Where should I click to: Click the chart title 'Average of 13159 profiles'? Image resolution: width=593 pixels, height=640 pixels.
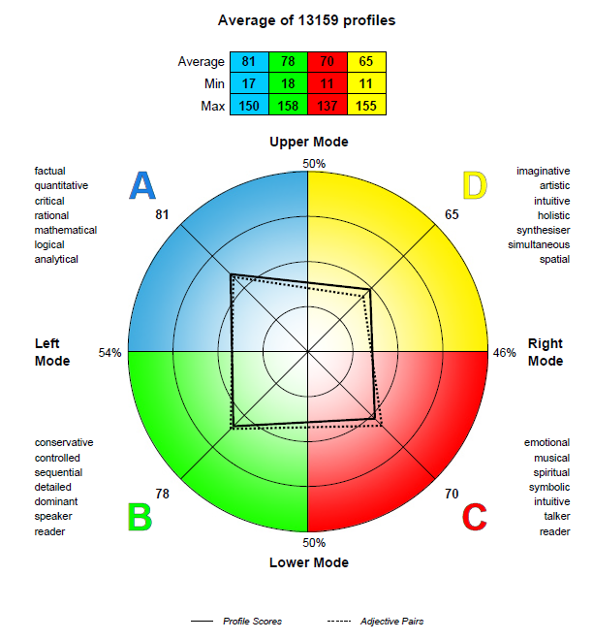pos(306,20)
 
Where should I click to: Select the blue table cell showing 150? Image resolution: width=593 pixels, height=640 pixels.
pos(249,105)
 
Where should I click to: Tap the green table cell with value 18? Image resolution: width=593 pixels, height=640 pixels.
pos(288,83)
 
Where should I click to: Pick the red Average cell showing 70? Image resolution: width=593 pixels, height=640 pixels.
pos(328,62)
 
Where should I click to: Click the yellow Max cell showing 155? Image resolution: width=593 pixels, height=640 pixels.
pos(366,105)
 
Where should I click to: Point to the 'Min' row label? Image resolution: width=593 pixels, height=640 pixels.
pos(214,83)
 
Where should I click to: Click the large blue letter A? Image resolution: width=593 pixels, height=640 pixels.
pos(142,185)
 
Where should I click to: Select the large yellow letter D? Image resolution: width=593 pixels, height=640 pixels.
pos(475,185)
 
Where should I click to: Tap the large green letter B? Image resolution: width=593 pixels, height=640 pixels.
pos(140,516)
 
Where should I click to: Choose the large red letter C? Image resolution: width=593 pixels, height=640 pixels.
pos(475,516)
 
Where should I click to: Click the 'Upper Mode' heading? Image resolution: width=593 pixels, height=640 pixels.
pos(309,142)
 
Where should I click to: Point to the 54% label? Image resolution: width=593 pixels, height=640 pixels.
pos(109,353)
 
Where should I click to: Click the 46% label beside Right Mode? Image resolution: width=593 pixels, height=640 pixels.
pos(505,353)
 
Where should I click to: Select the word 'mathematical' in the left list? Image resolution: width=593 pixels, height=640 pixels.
pos(66,230)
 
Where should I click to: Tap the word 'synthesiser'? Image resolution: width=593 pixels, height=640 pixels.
pos(543,230)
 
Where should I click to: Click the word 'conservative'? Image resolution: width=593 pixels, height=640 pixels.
pos(64,442)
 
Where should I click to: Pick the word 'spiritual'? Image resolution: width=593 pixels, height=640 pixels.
pos(551,472)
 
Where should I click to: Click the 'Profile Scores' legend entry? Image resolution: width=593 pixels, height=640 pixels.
pos(236,622)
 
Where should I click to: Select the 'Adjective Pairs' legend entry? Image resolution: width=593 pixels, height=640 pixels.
pos(375,622)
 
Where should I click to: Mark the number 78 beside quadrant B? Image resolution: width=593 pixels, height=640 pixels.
pos(162,494)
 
